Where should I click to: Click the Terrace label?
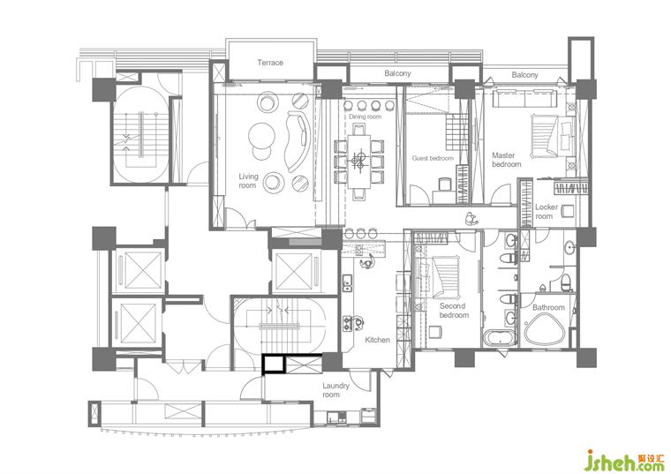point(270,63)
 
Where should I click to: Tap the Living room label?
point(248,181)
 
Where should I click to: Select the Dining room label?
point(365,117)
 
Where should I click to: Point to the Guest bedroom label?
point(433,158)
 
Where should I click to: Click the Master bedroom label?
point(506,160)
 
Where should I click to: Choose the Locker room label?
point(547,211)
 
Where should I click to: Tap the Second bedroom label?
point(454,310)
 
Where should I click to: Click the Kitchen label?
point(377,340)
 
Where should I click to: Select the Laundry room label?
point(335,390)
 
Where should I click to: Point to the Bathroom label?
point(548,307)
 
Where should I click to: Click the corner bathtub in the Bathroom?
point(545,328)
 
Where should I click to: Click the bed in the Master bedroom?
point(553,135)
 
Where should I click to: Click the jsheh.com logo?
point(625,460)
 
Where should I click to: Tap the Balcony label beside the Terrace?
point(397,73)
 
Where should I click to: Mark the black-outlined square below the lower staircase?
point(274,364)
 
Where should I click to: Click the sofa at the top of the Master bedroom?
point(525,98)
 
